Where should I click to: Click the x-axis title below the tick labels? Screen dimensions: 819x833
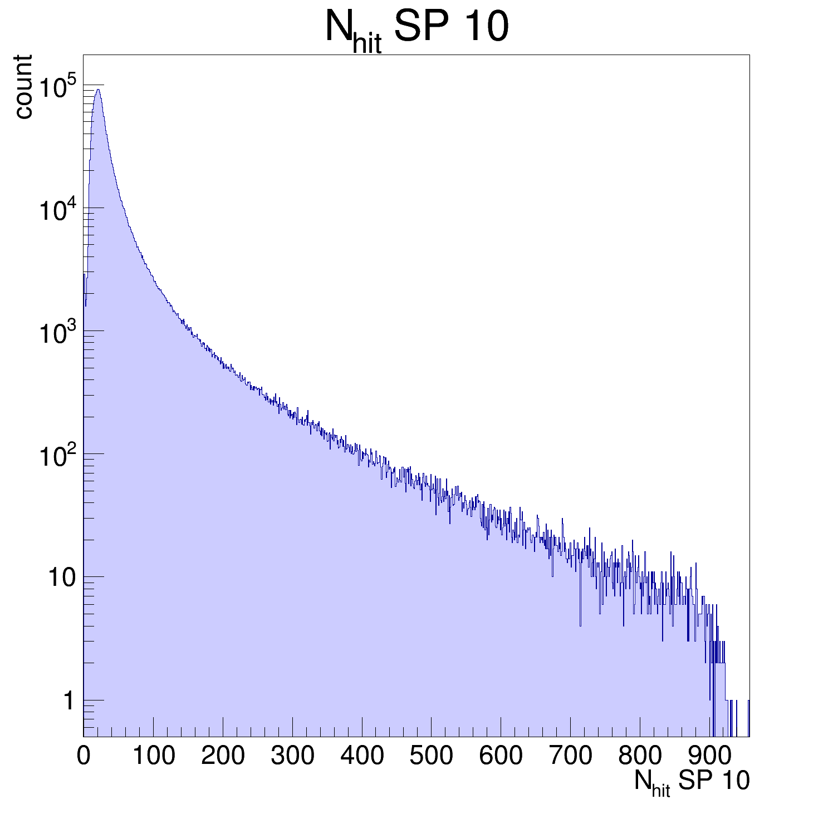692,782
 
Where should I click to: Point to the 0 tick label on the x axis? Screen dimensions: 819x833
84,756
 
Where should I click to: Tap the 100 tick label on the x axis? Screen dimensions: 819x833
153,756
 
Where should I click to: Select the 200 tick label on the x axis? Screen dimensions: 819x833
223,756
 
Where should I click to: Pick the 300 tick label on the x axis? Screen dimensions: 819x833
292,756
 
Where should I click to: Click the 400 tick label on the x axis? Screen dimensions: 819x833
362,756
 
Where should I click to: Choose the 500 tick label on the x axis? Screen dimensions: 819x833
431,756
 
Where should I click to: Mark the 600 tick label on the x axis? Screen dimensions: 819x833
501,756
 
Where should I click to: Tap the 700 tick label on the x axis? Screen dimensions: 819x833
570,756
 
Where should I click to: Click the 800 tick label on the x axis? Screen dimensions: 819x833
640,756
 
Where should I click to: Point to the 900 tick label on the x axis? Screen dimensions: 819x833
709,756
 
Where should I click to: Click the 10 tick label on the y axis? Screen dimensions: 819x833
61,578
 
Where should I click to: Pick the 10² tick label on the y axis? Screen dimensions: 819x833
58,456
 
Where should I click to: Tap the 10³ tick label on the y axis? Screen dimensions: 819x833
58,333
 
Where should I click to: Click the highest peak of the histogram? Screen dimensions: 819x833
98,90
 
